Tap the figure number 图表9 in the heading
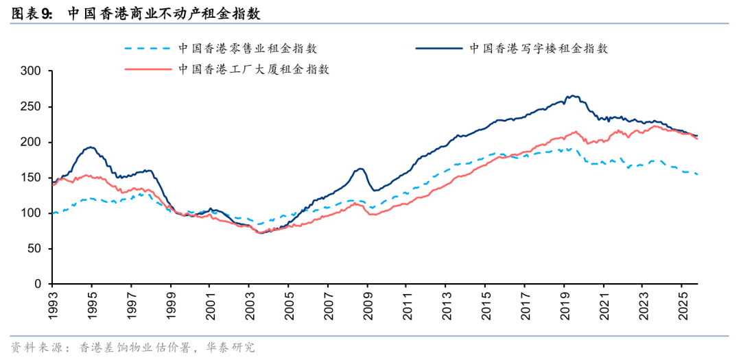point(33,13)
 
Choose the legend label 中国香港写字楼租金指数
point(539,49)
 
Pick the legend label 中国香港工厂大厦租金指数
point(255,69)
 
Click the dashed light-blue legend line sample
point(148,49)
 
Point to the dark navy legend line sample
point(439,49)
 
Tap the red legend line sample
point(148,69)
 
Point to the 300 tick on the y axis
point(32,71)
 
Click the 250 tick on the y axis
point(32,107)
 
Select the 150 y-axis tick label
point(32,178)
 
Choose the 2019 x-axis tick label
point(563,304)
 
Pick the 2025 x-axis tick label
point(681,304)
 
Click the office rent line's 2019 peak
point(572,96)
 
